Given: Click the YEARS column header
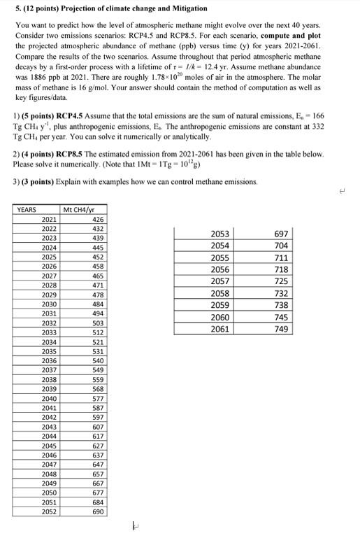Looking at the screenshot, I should tap(27, 209).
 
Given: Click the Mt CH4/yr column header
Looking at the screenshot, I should tap(78, 209).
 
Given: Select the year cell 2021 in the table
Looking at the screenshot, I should tap(49, 219).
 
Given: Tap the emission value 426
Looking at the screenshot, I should tap(98, 219).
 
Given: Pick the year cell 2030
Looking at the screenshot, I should tap(49, 304).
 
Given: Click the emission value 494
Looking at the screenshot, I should tap(98, 314).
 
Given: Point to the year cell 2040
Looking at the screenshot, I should tap(49, 399).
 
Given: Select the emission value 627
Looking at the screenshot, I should tap(98, 446).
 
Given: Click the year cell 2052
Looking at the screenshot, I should tap(49, 511).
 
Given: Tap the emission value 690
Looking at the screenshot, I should tap(98, 511).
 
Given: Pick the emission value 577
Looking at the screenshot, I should tap(98, 399).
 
